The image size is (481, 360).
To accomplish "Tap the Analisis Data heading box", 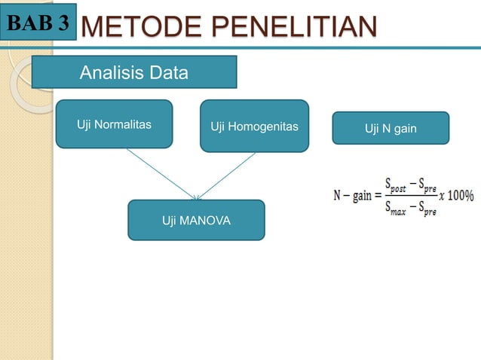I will [134, 73].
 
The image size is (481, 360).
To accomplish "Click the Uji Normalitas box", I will [114, 124].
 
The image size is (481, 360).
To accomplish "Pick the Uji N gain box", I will [391, 128].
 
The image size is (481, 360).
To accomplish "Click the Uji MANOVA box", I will [196, 220].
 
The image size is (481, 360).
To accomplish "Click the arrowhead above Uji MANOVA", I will [197, 197].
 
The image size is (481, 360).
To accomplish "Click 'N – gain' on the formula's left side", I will [353, 196].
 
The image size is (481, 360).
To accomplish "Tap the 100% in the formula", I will [458, 195].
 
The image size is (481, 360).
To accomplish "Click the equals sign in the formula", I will [379, 196].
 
